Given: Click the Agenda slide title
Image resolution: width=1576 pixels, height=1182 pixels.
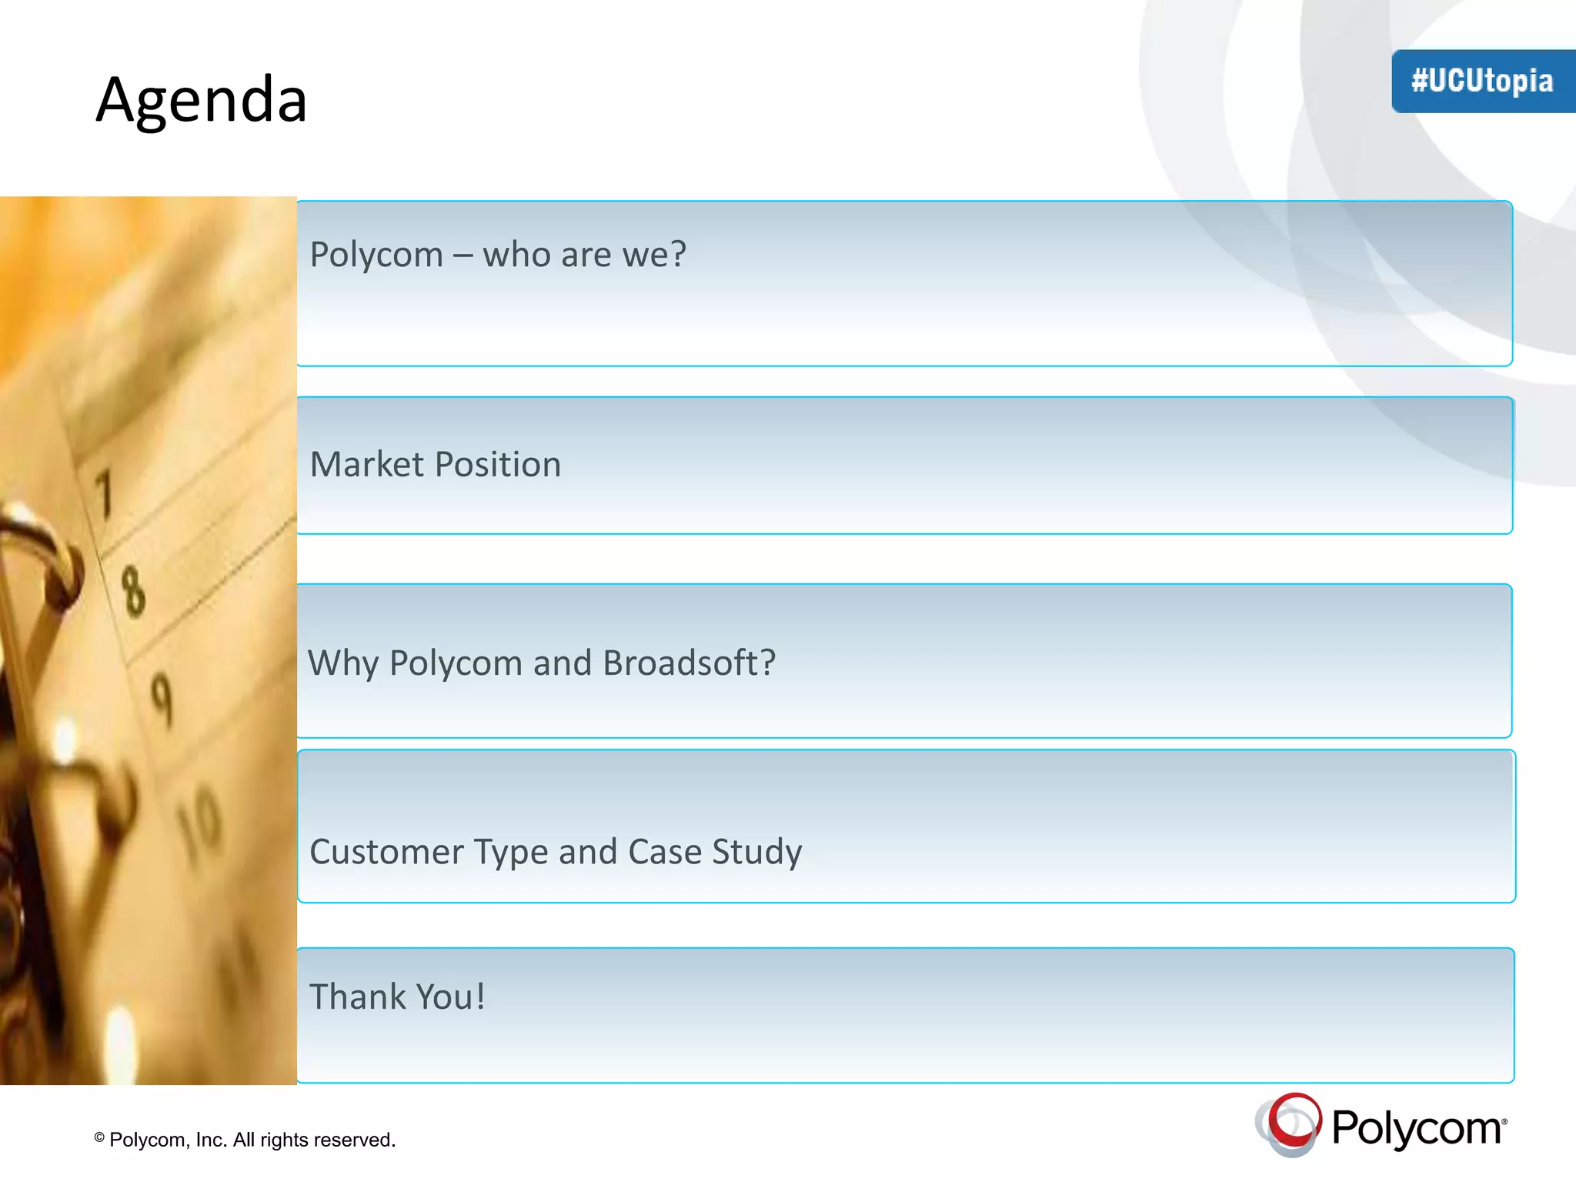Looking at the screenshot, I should [201, 100].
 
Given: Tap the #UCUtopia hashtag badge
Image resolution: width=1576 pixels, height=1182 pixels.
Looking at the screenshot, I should [1481, 81].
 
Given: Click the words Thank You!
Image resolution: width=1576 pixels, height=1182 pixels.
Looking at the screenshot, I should [397, 997].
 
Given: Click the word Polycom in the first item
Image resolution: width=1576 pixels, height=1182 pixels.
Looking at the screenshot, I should [376, 255].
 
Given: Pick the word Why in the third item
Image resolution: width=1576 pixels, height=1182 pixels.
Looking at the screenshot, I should [343, 663].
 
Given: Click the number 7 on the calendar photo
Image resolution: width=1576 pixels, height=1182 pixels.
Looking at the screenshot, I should [103, 492].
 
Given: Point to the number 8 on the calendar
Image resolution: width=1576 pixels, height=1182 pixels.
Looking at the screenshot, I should [132, 591].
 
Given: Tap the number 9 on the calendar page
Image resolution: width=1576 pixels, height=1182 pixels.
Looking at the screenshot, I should [161, 699].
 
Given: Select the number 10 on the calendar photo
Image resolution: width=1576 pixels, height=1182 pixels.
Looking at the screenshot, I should [200, 823].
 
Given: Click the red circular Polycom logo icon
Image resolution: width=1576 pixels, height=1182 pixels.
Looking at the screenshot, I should [1291, 1124].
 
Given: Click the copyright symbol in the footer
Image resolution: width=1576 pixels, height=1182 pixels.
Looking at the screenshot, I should [99, 1137].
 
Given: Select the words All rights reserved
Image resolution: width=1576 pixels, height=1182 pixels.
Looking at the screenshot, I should [314, 1140].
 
